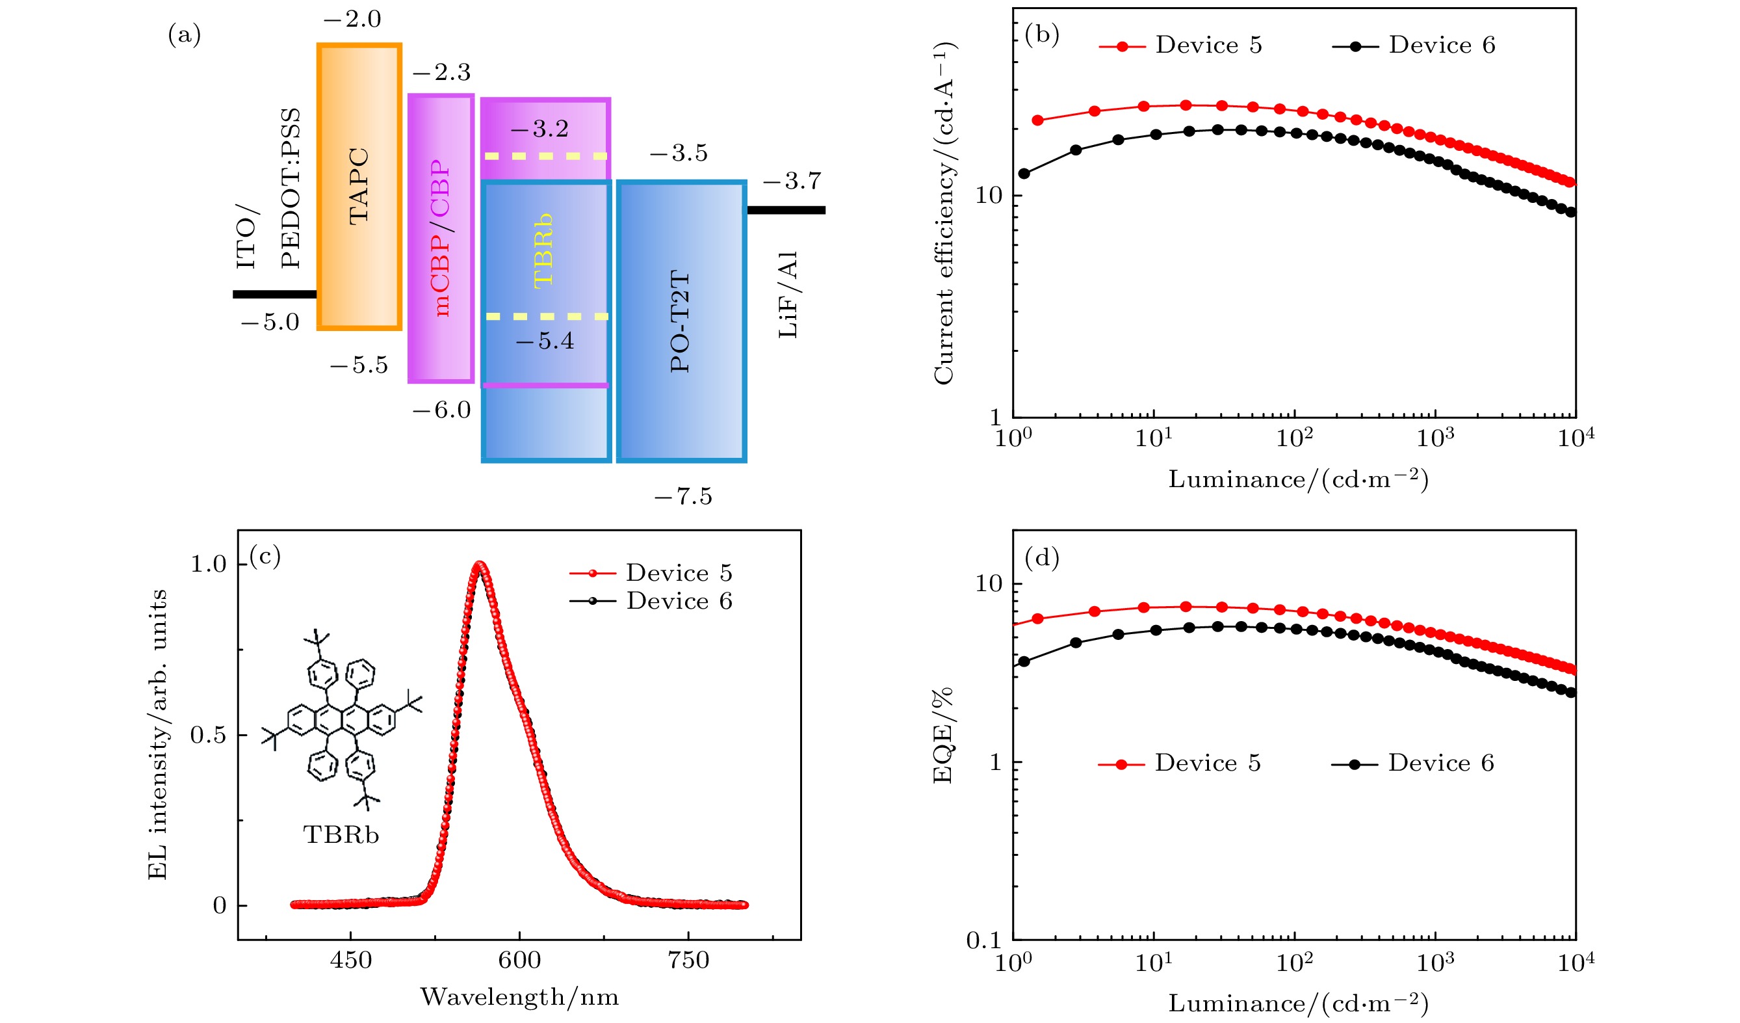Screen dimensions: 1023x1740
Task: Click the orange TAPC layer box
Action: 359,187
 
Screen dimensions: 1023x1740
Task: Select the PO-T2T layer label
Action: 680,321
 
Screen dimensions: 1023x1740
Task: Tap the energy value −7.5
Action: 683,497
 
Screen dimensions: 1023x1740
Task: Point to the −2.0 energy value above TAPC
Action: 352,20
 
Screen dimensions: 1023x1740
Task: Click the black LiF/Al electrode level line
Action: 786,210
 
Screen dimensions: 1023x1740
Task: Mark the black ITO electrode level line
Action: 274,294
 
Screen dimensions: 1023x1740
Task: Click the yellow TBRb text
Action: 544,250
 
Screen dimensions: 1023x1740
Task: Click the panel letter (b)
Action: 1042,34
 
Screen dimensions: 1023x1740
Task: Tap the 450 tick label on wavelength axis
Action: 351,960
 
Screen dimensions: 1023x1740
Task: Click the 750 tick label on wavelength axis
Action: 688,960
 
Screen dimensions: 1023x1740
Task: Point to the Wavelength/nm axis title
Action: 519,997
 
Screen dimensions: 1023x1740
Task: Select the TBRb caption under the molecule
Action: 341,835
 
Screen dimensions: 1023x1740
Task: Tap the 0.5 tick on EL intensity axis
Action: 208,735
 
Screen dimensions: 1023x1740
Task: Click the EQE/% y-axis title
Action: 943,735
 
